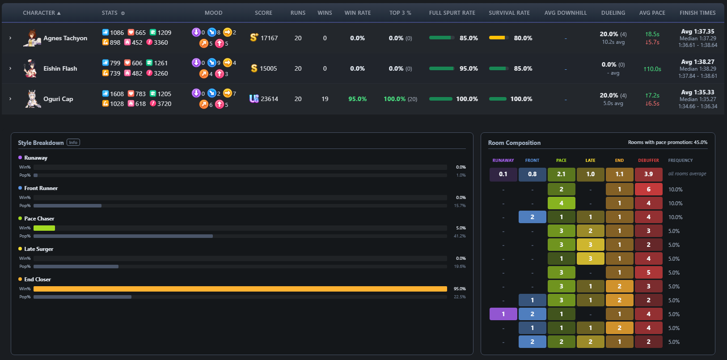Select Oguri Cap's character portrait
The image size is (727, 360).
click(x=33, y=99)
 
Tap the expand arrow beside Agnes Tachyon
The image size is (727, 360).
click(x=10, y=38)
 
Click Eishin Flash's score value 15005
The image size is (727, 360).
click(x=268, y=68)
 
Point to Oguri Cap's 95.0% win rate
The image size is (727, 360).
click(x=357, y=99)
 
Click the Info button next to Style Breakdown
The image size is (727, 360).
click(x=73, y=143)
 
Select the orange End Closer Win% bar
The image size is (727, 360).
click(x=240, y=288)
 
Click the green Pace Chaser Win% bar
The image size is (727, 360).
click(x=44, y=228)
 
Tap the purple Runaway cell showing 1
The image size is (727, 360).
click(x=503, y=314)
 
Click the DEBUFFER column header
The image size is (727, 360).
click(x=648, y=161)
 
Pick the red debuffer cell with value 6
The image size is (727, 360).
click(x=648, y=189)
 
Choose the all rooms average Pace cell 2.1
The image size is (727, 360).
click(x=561, y=174)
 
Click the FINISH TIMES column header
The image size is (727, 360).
click(x=697, y=13)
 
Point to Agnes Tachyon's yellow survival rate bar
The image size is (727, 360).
click(x=497, y=38)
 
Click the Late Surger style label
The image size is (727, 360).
click(x=38, y=249)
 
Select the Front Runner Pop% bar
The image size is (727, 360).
click(x=68, y=205)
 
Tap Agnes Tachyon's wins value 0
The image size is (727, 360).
click(x=325, y=38)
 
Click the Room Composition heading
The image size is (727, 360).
click(x=514, y=143)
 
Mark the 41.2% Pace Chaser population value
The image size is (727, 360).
click(x=460, y=236)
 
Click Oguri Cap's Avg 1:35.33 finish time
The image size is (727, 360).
click(x=697, y=92)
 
